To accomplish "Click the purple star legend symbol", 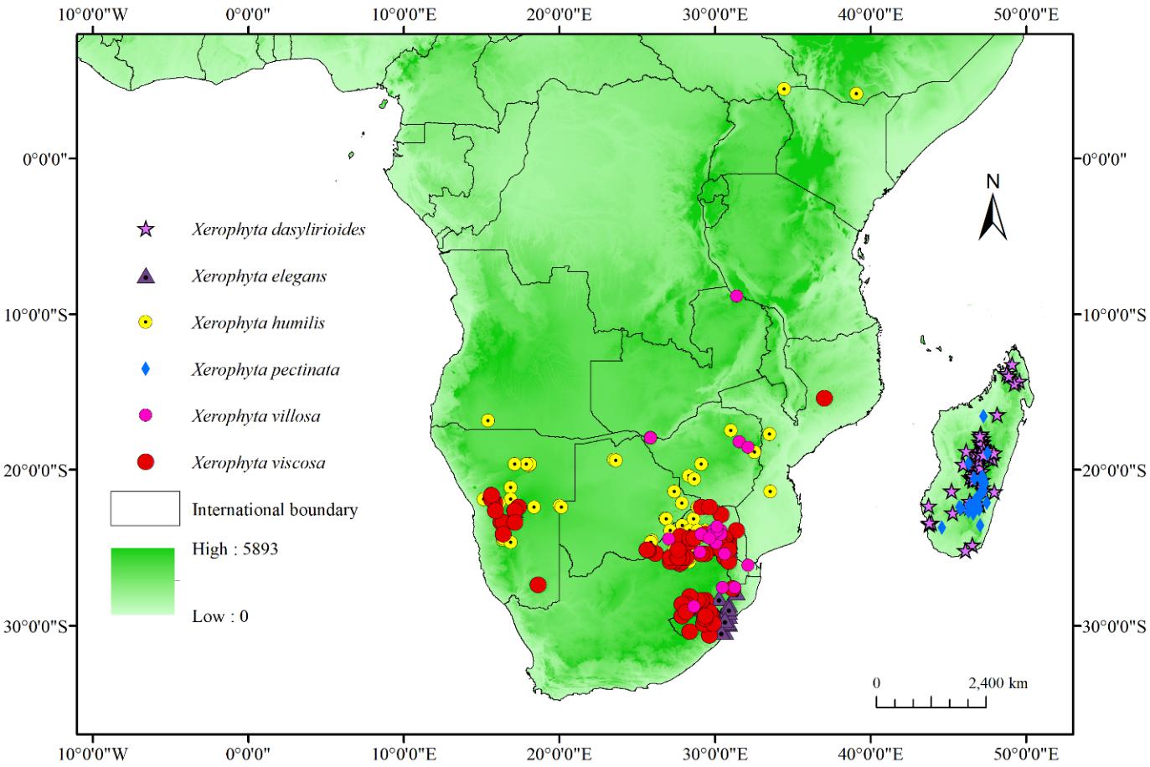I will pyautogui.click(x=146, y=229).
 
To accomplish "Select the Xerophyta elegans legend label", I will pyautogui.click(x=259, y=276).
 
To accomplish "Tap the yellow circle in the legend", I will pyautogui.click(x=146, y=322).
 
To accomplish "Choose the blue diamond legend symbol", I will pyautogui.click(x=146, y=369).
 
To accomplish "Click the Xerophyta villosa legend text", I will pyautogui.click(x=255, y=416).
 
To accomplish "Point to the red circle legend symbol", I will pyautogui.click(x=146, y=462).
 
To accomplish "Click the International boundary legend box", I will pyautogui.click(x=145, y=508).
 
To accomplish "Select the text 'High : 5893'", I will pyautogui.click(x=235, y=549).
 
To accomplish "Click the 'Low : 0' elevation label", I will pyautogui.click(x=220, y=616).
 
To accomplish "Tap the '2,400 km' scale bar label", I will pyautogui.click(x=998, y=683).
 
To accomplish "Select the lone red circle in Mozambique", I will pyautogui.click(x=824, y=398).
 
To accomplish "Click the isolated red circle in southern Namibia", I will pyautogui.click(x=538, y=584).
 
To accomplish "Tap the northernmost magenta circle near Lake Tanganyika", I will pyautogui.click(x=736, y=296).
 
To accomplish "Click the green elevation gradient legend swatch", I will pyautogui.click(x=142, y=581).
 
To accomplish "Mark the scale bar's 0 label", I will pyautogui.click(x=876, y=683).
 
